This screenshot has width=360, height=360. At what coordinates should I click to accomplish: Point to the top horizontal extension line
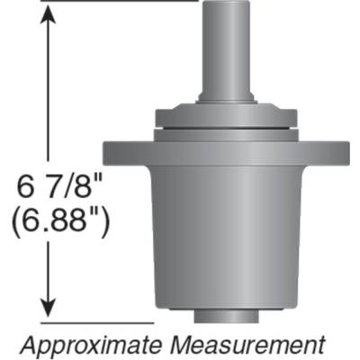coord(117,2)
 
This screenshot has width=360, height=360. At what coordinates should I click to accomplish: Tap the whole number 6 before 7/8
coord(28,187)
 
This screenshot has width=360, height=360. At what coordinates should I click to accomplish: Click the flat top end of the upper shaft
coord(226,3)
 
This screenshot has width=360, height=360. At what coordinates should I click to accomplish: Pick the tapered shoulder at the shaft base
coord(226,98)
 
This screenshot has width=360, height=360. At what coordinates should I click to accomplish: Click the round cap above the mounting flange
coord(226,117)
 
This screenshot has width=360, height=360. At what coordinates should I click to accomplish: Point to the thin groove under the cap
coord(226,132)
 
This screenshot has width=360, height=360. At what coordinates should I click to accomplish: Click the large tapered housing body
coord(226,234)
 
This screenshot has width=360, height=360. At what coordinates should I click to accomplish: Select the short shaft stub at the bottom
coord(226,316)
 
